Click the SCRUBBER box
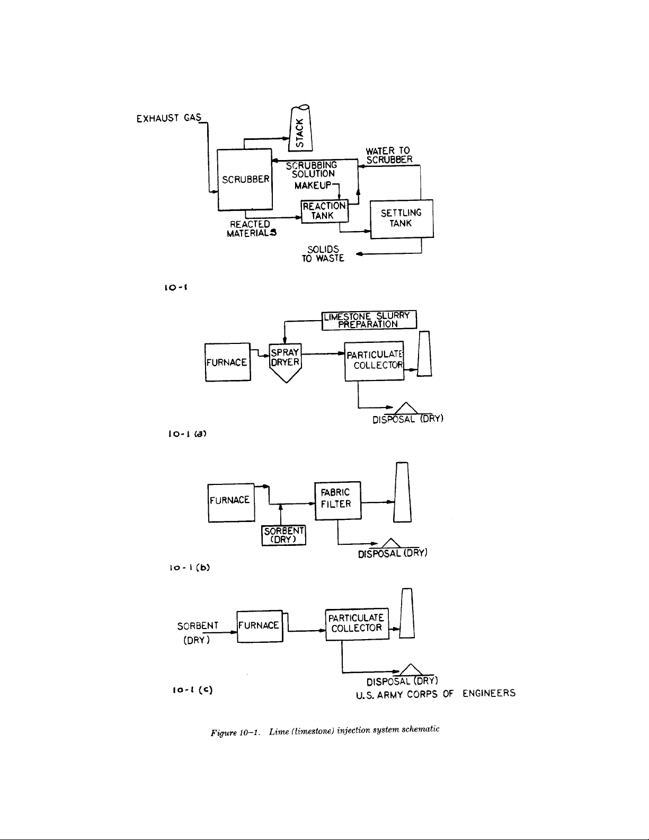click(245, 180)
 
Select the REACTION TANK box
click(324, 211)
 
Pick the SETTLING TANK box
click(401, 218)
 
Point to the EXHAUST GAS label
click(166, 118)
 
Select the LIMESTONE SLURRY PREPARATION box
click(369, 320)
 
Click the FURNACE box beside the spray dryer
click(227, 362)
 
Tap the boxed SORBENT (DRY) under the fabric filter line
click(284, 535)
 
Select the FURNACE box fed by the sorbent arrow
click(260, 626)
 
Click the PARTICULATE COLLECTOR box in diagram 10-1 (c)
click(357, 623)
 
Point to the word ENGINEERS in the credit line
click(488, 693)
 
